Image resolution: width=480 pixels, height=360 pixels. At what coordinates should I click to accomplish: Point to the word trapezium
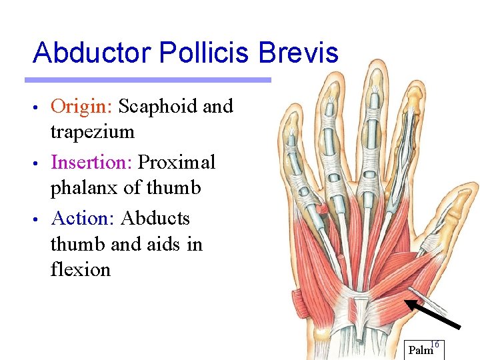[x=93, y=131]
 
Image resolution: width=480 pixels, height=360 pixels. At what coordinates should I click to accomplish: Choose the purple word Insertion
[x=91, y=162]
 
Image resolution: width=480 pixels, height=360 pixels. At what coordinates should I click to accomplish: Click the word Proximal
[x=177, y=162]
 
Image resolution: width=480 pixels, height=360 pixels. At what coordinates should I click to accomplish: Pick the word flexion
[x=81, y=269]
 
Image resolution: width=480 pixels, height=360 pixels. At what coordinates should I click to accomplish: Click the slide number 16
[x=435, y=344]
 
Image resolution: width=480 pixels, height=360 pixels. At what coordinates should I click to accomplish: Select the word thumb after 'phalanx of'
[x=174, y=188]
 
